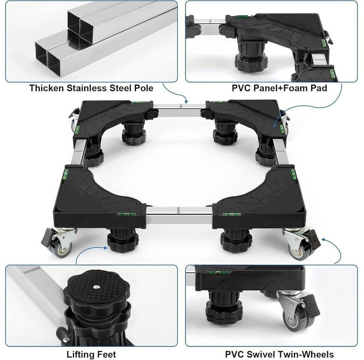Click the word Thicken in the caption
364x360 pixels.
pyautogui.click(x=47, y=88)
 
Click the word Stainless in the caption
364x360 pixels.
pyautogui.click(x=87, y=88)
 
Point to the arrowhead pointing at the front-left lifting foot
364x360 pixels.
pyautogui.click(x=105, y=248)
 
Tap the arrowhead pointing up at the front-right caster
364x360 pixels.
pyautogui.click(x=323, y=239)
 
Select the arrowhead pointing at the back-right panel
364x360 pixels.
pyautogui.click(x=275, y=126)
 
